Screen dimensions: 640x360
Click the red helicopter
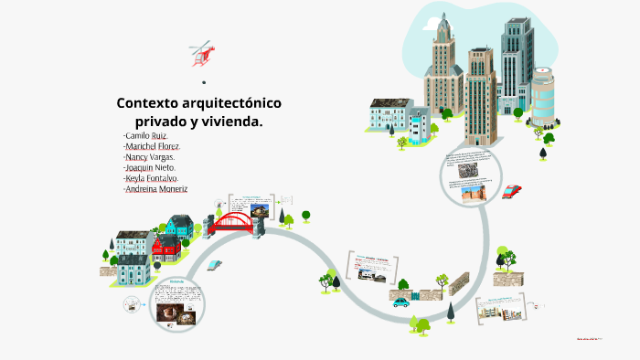201,53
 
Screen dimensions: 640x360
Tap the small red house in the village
164,248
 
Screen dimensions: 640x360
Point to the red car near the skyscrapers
511,192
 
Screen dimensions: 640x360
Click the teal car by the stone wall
401,302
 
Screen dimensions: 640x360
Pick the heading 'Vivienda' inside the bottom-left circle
178,281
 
